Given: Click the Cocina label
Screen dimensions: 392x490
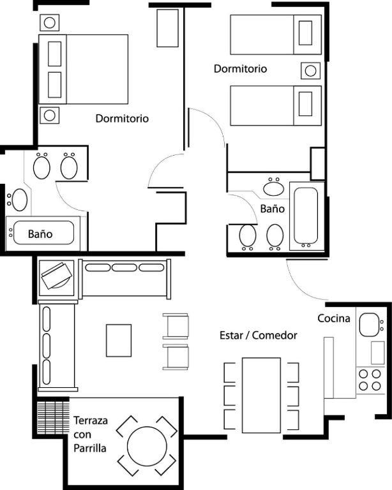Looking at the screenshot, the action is pos(333,318).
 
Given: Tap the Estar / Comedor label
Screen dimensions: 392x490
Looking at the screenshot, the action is pos(258,336).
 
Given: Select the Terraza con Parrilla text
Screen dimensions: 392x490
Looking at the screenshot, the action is pos(91,434).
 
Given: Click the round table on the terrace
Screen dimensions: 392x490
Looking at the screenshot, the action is pos(147,446).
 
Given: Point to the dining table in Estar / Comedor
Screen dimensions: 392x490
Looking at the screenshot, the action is pos(261,396).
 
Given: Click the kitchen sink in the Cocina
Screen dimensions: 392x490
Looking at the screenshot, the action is pos(369,325).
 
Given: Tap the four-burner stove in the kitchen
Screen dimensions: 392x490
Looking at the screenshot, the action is pos(370,380).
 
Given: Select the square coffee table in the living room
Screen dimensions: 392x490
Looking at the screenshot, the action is pos(119,340).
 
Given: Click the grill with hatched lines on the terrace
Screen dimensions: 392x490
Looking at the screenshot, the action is pos(53,417).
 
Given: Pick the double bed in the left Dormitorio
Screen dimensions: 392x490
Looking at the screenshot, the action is pos(84,69).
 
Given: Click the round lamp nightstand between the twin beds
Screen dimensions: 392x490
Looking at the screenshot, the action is pos(310,71).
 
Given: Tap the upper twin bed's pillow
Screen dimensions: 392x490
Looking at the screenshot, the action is pos(305,33).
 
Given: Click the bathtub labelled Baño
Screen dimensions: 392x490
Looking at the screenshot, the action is pos(43,233).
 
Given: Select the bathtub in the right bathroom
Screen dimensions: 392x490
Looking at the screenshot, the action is pos(306,216).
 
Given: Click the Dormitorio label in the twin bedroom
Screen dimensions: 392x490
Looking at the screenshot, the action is pos(240,69).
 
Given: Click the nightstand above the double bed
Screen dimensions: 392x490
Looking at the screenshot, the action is pos(49,22).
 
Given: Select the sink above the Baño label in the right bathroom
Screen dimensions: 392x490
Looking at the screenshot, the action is pos(274,187).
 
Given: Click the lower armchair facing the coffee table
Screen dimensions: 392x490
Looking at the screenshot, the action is pos(176,357).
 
